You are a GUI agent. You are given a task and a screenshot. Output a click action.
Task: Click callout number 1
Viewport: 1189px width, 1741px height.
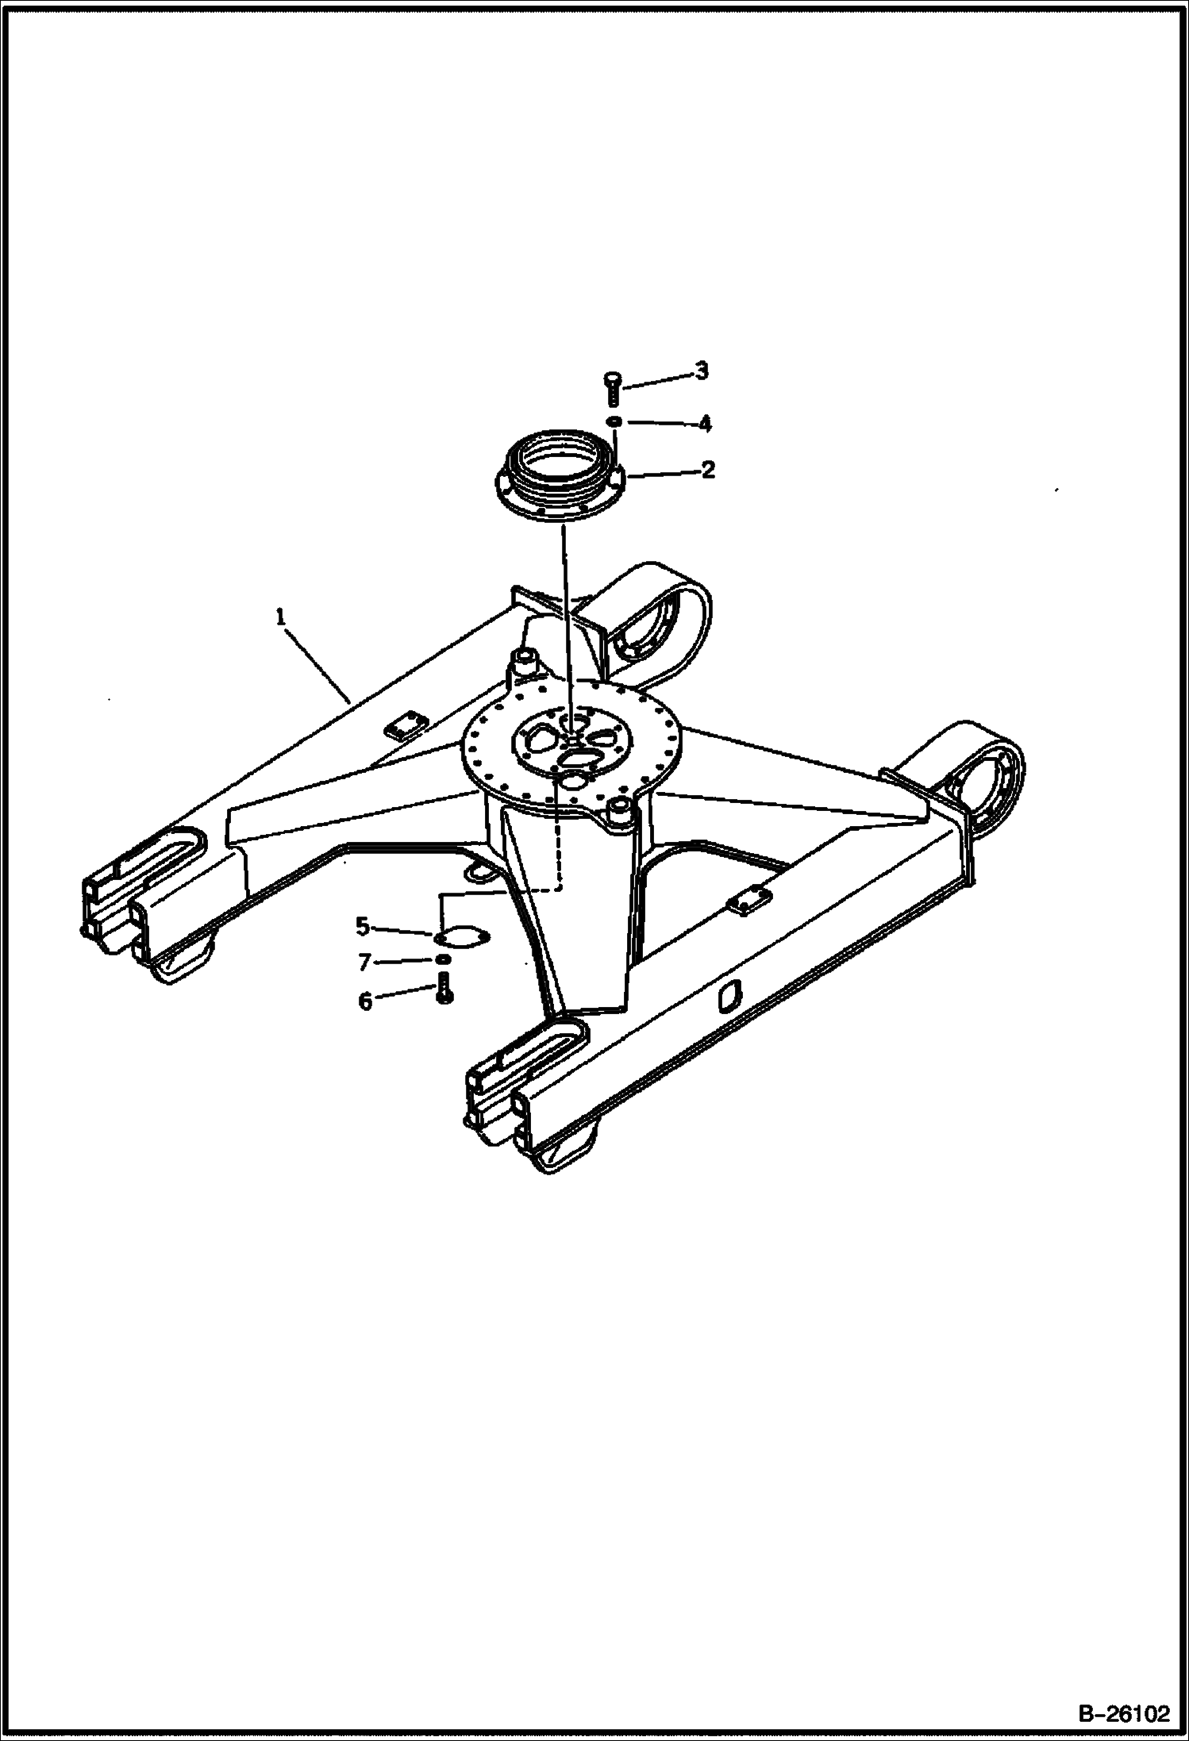[x=280, y=617]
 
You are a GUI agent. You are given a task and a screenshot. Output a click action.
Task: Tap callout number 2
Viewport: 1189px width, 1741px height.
[x=708, y=470]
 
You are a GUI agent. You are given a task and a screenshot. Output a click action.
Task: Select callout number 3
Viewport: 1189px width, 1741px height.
[x=701, y=371]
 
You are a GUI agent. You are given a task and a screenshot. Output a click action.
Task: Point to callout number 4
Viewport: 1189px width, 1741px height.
[x=704, y=424]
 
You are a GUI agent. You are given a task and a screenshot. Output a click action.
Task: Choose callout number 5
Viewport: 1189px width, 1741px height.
[x=363, y=926]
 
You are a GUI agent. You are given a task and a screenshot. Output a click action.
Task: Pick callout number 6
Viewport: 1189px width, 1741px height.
[x=365, y=1002]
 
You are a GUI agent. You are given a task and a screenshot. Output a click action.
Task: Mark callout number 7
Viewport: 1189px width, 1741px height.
[x=364, y=963]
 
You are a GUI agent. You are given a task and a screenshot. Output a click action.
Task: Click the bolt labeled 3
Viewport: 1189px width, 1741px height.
[x=612, y=389]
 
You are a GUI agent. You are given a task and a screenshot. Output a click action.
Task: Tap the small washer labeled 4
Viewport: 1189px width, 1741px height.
[x=614, y=421]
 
